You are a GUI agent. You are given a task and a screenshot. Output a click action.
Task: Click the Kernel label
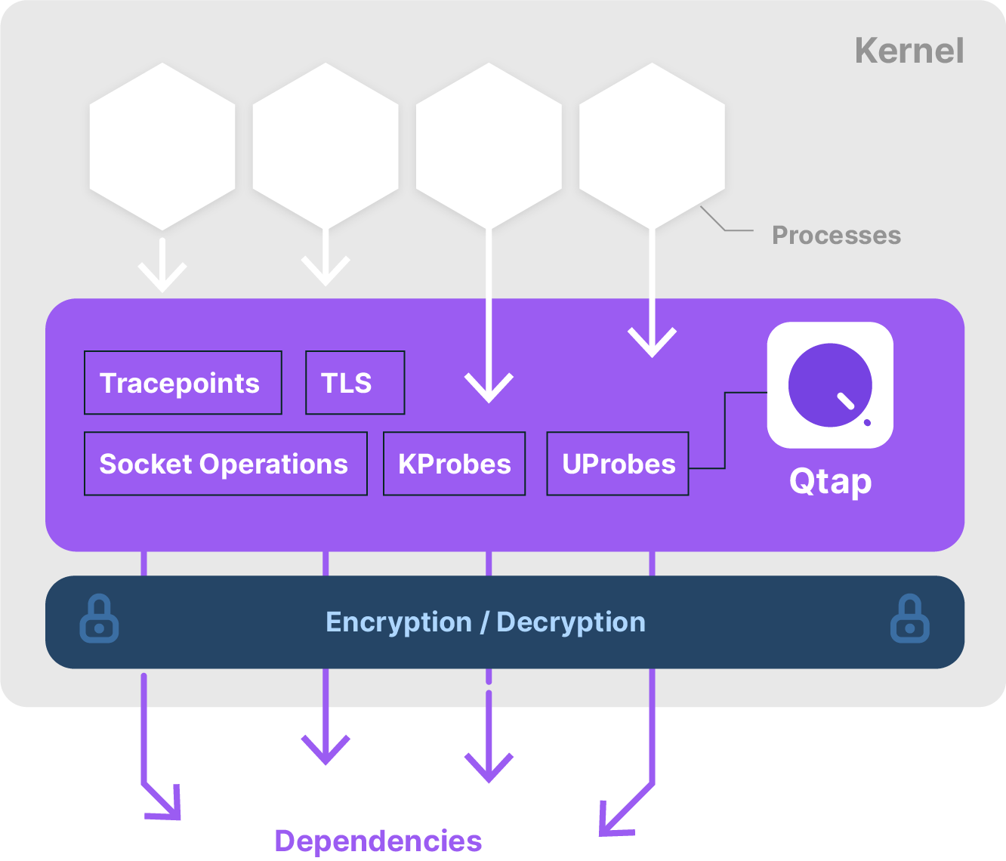point(909,51)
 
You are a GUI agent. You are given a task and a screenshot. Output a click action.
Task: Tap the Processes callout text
point(836,236)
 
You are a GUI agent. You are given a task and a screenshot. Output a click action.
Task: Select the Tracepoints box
point(183,383)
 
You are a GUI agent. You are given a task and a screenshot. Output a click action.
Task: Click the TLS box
point(354,383)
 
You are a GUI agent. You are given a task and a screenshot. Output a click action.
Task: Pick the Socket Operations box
point(225,464)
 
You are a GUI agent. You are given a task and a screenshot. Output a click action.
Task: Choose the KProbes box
point(454,464)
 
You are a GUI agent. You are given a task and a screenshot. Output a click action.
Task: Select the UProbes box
point(617,464)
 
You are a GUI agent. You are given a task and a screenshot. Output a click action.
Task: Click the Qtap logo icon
point(830,385)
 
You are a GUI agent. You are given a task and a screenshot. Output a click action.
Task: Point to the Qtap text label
point(830,482)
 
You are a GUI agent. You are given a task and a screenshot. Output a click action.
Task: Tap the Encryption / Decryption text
point(485,622)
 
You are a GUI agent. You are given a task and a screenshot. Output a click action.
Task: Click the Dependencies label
point(378,841)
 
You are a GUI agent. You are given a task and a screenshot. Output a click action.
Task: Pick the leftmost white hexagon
point(162,147)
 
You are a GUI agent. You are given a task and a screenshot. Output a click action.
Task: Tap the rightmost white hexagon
point(652,147)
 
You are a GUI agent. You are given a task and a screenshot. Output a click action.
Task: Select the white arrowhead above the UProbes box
point(652,342)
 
